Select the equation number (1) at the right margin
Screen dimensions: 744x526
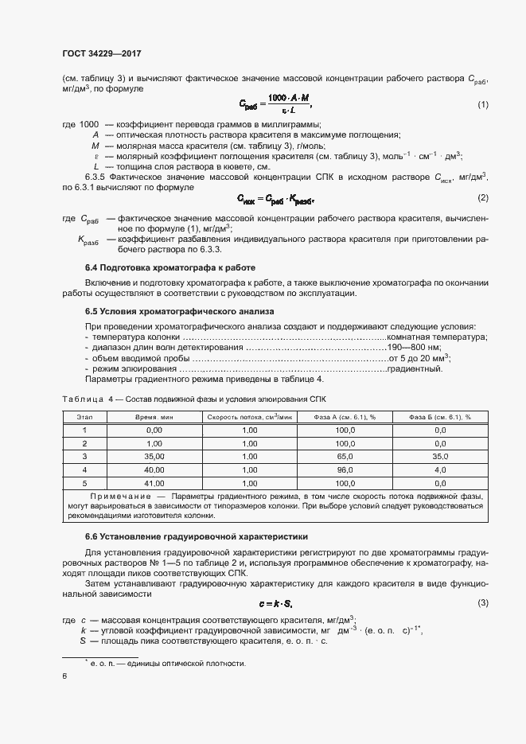click(482, 105)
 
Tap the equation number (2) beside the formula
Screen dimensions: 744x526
click(482, 197)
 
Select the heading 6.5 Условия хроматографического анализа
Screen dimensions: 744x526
click(178, 312)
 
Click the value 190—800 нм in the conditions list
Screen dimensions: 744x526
click(413, 348)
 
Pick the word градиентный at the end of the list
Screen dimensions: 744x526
click(419, 368)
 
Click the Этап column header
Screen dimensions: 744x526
click(84, 416)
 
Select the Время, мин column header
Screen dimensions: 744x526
click(154, 416)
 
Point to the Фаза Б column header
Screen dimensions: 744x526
click(440, 416)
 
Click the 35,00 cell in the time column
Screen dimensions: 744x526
click(154, 457)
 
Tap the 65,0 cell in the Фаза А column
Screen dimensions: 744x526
click(345, 457)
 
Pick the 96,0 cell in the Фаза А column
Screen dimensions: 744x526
click(345, 469)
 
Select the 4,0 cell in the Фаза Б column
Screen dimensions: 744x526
click(440, 469)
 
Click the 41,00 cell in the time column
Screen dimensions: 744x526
click(154, 483)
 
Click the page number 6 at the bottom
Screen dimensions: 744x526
click(64, 676)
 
